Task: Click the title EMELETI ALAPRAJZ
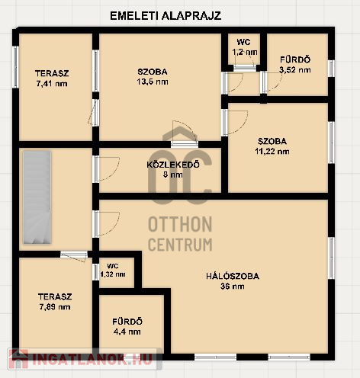pyautogui.click(x=166, y=16)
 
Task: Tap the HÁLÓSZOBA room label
pyautogui.click(x=233, y=276)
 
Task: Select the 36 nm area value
pyautogui.click(x=233, y=287)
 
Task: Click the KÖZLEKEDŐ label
pyautogui.click(x=173, y=165)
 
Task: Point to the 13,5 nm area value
pyautogui.click(x=153, y=82)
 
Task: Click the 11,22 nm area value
pyautogui.click(x=272, y=152)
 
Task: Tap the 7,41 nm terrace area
pyautogui.click(x=52, y=84)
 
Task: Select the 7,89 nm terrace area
pyautogui.click(x=55, y=307)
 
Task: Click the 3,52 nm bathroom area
pyautogui.click(x=295, y=70)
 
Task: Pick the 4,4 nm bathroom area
pyautogui.click(x=127, y=332)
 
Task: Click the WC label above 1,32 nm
pyautogui.click(x=113, y=266)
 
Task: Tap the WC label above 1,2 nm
pyautogui.click(x=243, y=42)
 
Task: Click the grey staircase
pyautogui.click(x=37, y=197)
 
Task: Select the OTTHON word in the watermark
pyautogui.click(x=180, y=224)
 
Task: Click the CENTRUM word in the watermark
pyautogui.click(x=180, y=245)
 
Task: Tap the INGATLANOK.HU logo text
pyautogui.click(x=92, y=359)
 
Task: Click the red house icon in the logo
pyautogui.click(x=18, y=359)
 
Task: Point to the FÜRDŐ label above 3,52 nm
pyautogui.click(x=295, y=59)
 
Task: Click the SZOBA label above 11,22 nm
pyautogui.click(x=272, y=141)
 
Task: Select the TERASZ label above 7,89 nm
pyautogui.click(x=55, y=296)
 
